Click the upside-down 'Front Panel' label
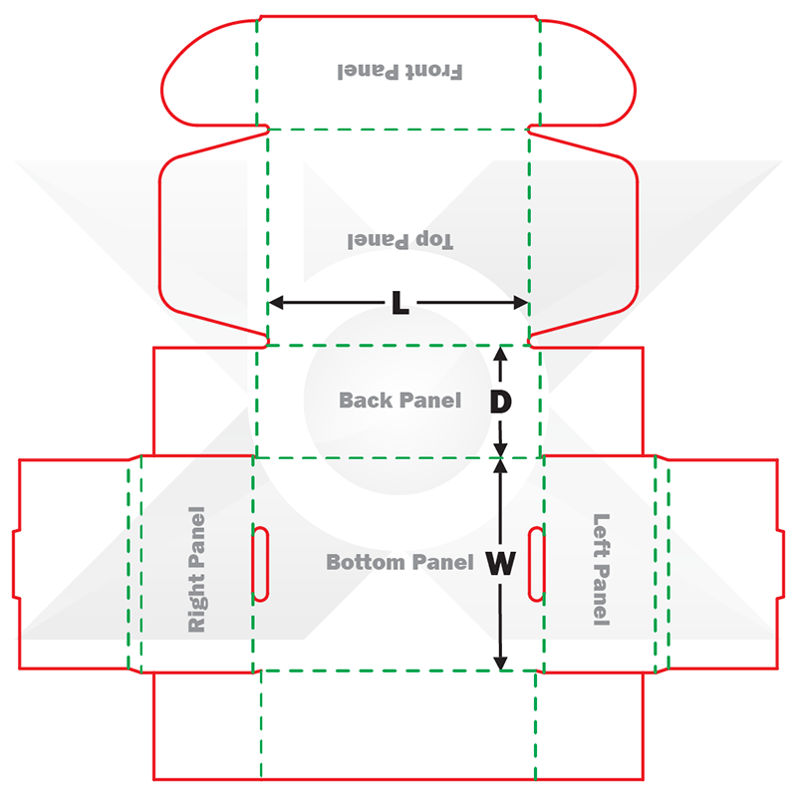click(399, 72)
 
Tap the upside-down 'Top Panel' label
click(399, 240)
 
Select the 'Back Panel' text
click(399, 400)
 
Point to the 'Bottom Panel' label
click(399, 563)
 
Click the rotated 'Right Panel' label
click(197, 569)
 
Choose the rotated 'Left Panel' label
click(601, 569)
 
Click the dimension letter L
click(399, 304)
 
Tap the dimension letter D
click(501, 401)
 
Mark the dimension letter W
click(500, 565)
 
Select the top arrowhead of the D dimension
click(501, 353)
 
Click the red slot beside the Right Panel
click(260, 564)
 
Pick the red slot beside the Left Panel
click(536, 564)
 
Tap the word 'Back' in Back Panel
click(366, 400)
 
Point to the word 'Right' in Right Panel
click(197, 603)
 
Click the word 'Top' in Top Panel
click(434, 240)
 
